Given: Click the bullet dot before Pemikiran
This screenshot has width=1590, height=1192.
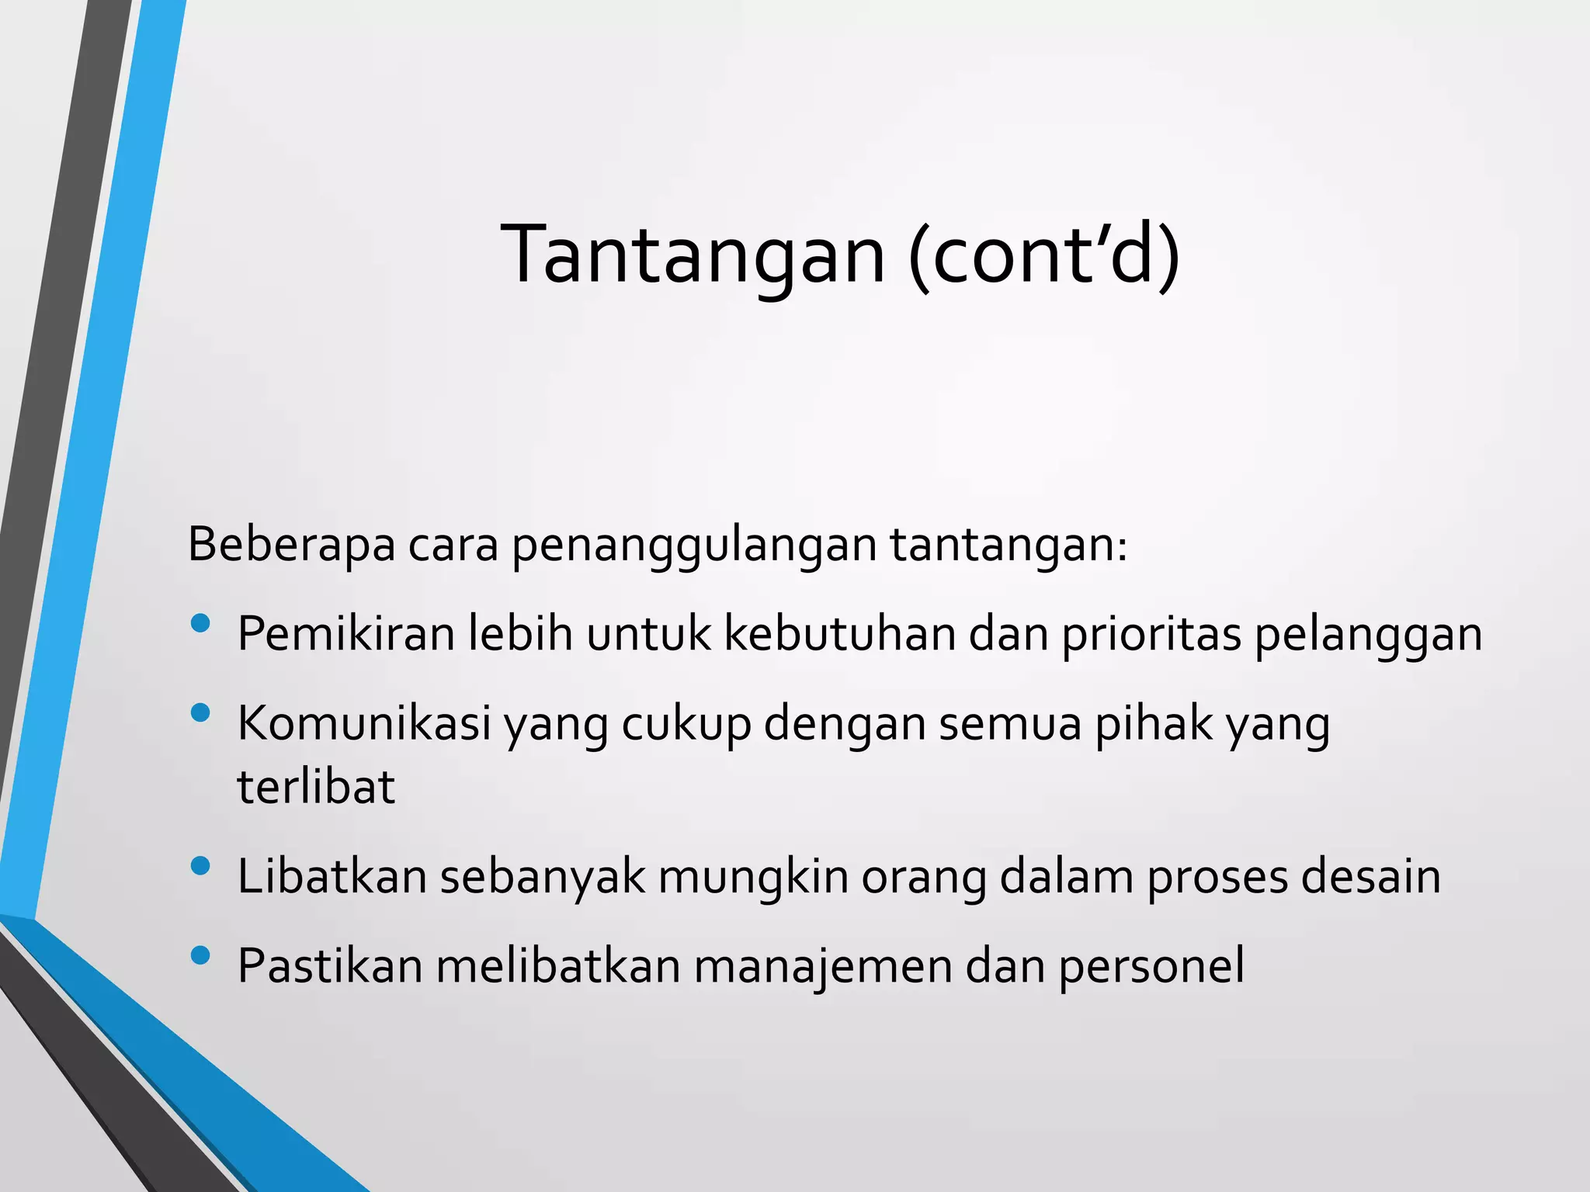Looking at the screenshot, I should [x=200, y=623].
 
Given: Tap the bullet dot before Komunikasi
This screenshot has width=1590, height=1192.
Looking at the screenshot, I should [x=200, y=712].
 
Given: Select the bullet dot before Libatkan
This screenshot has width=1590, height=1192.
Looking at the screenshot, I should [x=200, y=866].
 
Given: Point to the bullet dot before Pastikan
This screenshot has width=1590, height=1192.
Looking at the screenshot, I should [x=200, y=955].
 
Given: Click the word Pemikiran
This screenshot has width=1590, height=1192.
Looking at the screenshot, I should [x=346, y=634].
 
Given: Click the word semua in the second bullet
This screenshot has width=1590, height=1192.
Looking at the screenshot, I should [x=1010, y=723].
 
